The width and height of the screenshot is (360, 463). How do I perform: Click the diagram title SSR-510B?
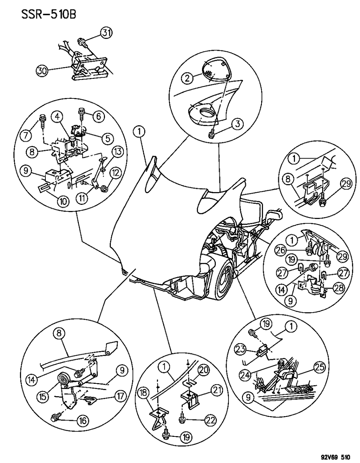(x=41, y=15)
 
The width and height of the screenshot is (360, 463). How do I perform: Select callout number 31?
(x=106, y=33)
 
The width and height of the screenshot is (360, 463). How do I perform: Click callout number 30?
(x=42, y=70)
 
